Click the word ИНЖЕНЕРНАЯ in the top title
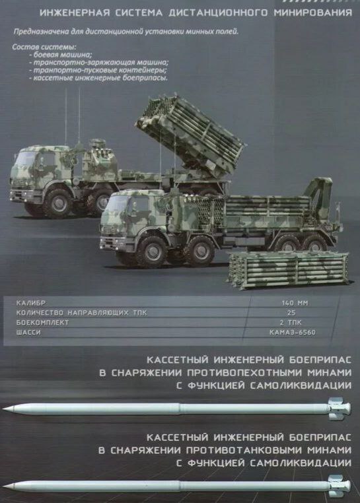pyautogui.click(x=75, y=13)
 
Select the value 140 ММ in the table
pyautogui.click(x=295, y=303)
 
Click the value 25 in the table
pyautogui.click(x=291, y=313)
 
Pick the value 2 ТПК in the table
pyautogui.click(x=291, y=323)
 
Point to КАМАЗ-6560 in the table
pyautogui.click(x=293, y=333)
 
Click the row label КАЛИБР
pyautogui.click(x=31, y=303)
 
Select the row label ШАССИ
pyautogui.click(x=28, y=333)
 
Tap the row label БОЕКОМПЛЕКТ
pyautogui.click(x=42, y=323)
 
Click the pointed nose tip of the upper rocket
pyautogui.click(x=4, y=409)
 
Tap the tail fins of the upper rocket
pyautogui.click(x=339, y=409)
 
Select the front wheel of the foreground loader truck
pyautogui.click(x=151, y=251)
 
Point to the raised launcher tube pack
pyautogui.click(x=191, y=135)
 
